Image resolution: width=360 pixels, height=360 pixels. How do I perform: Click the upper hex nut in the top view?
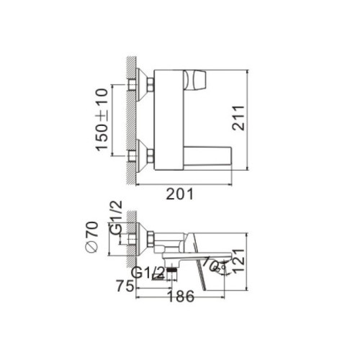pos(135,86)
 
